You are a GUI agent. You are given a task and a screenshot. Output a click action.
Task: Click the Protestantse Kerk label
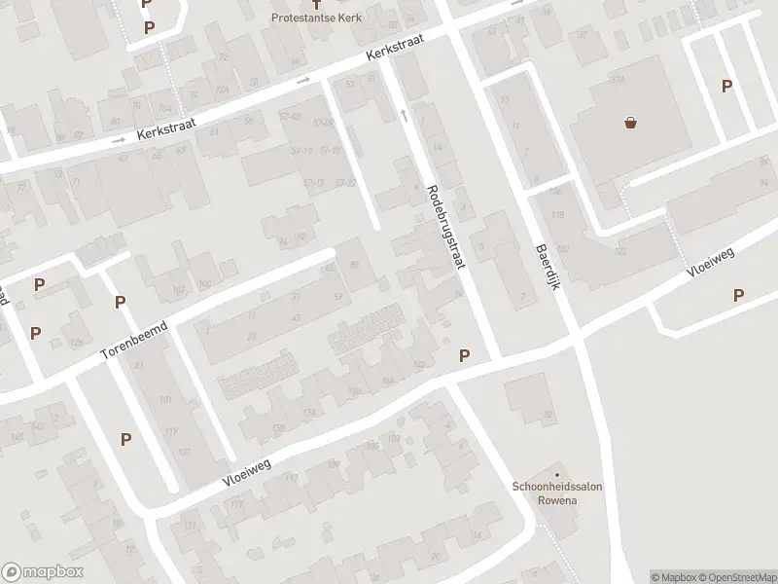pos(315,18)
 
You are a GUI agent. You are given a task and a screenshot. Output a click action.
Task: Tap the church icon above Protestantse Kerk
pos(315,4)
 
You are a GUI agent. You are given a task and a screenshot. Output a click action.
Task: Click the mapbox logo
pos(43,572)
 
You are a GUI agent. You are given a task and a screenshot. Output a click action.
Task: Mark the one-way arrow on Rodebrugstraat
pos(404,116)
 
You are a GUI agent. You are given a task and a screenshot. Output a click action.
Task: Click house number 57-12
pos(313,182)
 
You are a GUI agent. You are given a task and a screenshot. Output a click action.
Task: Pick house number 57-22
pos(344,182)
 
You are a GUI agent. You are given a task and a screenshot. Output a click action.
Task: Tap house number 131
pos(184,452)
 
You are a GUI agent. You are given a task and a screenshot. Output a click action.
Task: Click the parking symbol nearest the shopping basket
pos(726,86)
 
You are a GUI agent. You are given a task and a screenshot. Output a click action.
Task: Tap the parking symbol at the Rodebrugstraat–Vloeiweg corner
pos(465,356)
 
